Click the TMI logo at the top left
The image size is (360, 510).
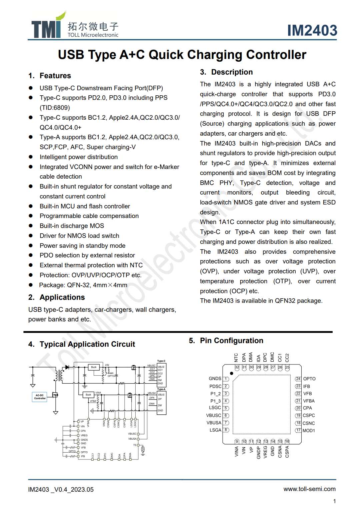pos(47,27)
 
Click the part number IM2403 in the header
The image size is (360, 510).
pos(312,30)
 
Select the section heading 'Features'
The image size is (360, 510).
pos(55,76)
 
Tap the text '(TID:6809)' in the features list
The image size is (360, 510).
pos(55,108)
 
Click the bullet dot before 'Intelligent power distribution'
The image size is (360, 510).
pos(31,157)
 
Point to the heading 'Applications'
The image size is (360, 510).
pos(62,297)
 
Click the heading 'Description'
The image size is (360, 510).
pos(232,72)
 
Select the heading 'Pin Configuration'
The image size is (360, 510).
pos(231,341)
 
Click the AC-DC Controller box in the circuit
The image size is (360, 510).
pos(40,397)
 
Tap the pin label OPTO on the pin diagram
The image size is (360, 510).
pos(309,379)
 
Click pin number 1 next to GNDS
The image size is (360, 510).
pos(226,379)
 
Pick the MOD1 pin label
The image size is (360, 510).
pos(309,431)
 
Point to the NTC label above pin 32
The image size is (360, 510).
pos(236,358)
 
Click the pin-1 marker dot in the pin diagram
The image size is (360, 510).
pos(232,373)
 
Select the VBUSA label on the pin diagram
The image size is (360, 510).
pos(214,423)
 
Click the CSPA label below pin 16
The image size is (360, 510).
pos(287,452)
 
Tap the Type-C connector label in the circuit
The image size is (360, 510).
pos(161,361)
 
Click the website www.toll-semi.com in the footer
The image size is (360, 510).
pos(309,489)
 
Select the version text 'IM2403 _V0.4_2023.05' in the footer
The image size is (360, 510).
pos(61,490)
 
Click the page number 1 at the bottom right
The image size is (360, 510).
pos(334,501)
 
